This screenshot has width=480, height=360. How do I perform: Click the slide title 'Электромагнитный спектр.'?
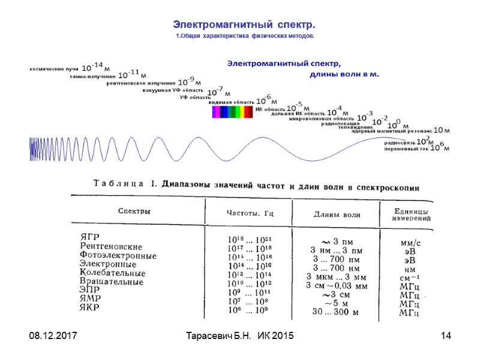pyautogui.click(x=244, y=25)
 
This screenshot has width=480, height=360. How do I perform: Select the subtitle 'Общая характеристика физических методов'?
pyautogui.click(x=246, y=37)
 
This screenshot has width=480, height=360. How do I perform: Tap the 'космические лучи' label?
pyautogui.click(x=55, y=70)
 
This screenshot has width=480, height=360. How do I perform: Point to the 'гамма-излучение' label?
pyautogui.click(x=93, y=77)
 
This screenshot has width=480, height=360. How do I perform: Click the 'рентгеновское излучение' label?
pyautogui.click(x=141, y=83)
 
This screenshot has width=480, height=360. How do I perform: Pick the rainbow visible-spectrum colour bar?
pyautogui.click(x=233, y=112)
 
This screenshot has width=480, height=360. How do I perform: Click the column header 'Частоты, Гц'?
pyautogui.click(x=250, y=214)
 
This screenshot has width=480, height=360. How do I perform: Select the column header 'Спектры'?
pyautogui.click(x=134, y=211)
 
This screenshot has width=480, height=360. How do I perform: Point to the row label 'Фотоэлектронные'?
pyautogui.click(x=118, y=256)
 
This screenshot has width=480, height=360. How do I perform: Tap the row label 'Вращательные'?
pyautogui.click(x=111, y=281)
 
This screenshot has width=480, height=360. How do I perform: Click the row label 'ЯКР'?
pyautogui.click(x=90, y=307)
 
